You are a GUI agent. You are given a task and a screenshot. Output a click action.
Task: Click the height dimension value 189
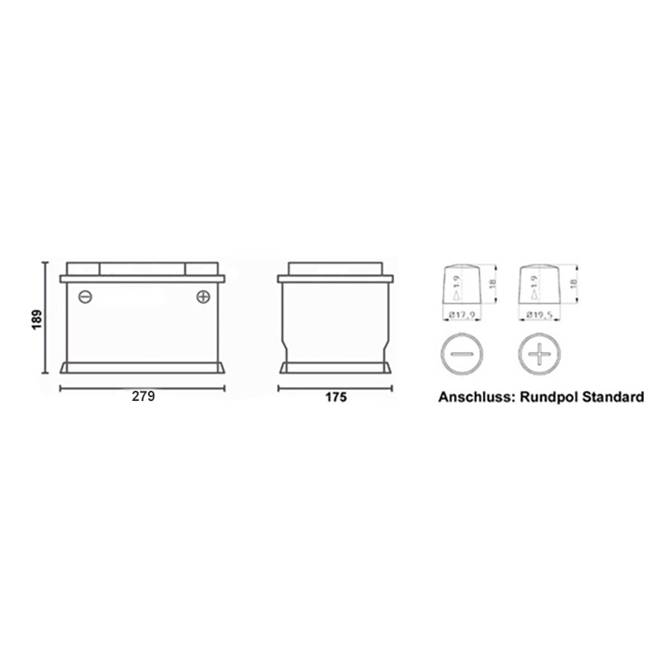(37, 319)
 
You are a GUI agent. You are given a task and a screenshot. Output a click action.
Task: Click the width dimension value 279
(143, 396)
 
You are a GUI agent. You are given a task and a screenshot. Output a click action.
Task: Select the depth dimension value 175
(336, 397)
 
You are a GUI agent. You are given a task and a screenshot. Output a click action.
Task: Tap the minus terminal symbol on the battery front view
(85, 297)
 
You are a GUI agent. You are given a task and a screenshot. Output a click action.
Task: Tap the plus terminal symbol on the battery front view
(203, 297)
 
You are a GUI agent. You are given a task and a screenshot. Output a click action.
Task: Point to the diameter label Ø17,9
(462, 314)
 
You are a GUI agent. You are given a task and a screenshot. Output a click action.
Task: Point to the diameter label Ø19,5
(540, 314)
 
